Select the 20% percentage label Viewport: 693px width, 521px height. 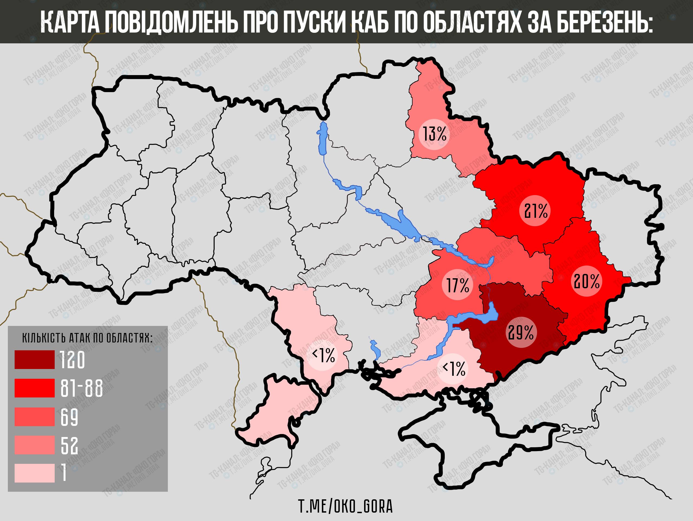587,281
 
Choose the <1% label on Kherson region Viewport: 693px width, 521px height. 453,369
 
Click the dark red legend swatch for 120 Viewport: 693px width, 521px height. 34,360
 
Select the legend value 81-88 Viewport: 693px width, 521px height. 81,389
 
